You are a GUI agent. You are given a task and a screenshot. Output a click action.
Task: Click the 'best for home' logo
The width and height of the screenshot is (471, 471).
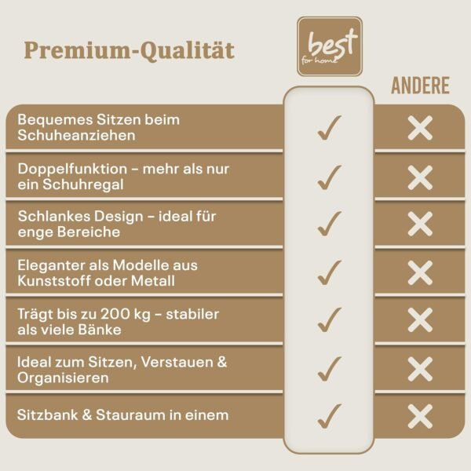coord(330,46)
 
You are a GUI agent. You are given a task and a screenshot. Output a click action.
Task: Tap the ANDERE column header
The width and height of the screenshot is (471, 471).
coord(420,86)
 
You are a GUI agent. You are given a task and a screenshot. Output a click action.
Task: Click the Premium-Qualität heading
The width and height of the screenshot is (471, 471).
coord(130,50)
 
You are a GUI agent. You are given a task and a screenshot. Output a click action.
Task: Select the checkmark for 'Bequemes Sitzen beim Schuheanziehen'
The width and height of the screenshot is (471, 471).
coord(329,128)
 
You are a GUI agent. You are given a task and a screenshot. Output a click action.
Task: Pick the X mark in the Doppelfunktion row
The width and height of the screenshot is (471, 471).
coord(420,177)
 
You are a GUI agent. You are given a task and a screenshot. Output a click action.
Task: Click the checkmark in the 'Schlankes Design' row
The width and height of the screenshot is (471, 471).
coord(329,224)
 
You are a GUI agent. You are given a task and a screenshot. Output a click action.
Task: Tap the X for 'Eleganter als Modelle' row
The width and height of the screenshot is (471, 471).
coord(420,272)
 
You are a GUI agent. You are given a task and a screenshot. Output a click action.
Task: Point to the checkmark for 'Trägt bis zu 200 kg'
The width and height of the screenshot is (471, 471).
coord(329,320)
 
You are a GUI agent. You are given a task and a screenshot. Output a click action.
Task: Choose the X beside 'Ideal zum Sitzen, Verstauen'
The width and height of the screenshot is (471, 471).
coord(420,369)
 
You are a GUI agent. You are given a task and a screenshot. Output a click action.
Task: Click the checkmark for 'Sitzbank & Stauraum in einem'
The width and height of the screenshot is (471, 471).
coord(329,416)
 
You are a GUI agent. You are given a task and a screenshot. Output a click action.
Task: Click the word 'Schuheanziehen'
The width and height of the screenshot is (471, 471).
coord(77,136)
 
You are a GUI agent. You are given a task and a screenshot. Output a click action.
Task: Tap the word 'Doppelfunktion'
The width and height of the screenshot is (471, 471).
coord(72,169)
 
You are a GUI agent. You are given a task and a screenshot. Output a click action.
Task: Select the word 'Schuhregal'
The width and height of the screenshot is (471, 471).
coord(83,184)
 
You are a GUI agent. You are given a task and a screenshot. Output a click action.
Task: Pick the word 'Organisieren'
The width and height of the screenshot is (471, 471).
coord(63,378)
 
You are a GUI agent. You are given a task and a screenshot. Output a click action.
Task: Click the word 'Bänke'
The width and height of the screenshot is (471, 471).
coord(100,330)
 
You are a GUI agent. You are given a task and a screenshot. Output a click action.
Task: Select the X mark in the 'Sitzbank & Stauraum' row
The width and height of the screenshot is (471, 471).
coord(420,416)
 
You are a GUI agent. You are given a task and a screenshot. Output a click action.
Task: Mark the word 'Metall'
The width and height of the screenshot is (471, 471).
coord(153,281)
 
